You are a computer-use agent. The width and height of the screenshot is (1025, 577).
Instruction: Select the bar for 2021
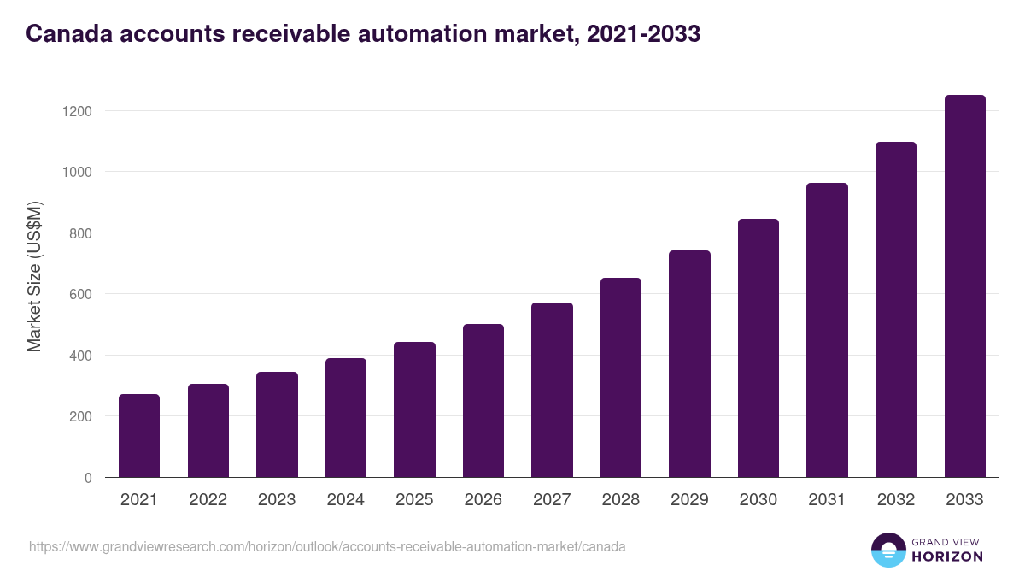pyautogui.click(x=139, y=436)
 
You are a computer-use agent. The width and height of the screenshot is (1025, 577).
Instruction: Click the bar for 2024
pyautogui.click(x=346, y=418)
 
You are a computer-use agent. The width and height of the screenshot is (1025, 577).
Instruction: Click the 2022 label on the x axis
pyautogui.click(x=208, y=500)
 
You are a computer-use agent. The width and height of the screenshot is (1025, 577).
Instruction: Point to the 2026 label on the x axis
pyautogui.click(x=483, y=500)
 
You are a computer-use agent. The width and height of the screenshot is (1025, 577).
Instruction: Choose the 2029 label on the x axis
pyautogui.click(x=689, y=500)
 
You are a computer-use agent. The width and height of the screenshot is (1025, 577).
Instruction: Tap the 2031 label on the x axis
pyautogui.click(x=827, y=500)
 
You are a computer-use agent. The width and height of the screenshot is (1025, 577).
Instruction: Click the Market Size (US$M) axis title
pyautogui.click(x=34, y=276)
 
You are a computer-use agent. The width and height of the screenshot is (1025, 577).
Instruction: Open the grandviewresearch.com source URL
pyautogui.click(x=327, y=546)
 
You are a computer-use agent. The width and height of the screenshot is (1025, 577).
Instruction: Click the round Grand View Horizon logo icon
pyautogui.click(x=888, y=550)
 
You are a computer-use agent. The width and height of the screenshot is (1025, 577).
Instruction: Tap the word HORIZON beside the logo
pyautogui.click(x=948, y=556)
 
